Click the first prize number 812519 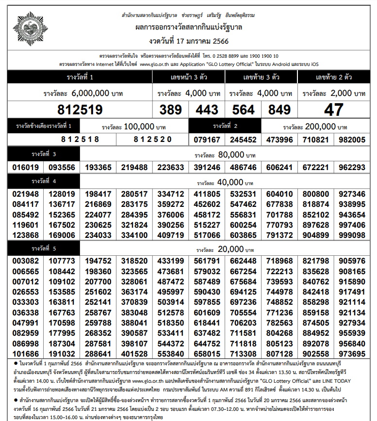(80, 109)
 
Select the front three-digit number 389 (170, 109)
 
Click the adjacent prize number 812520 (152, 140)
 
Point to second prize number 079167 (207, 140)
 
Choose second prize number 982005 (352, 140)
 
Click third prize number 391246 (207, 167)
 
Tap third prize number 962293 (352, 167)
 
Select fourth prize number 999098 (352, 235)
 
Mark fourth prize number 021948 (25, 194)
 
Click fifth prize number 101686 (25, 354)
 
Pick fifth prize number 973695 (352, 354)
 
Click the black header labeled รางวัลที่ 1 (80, 78)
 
